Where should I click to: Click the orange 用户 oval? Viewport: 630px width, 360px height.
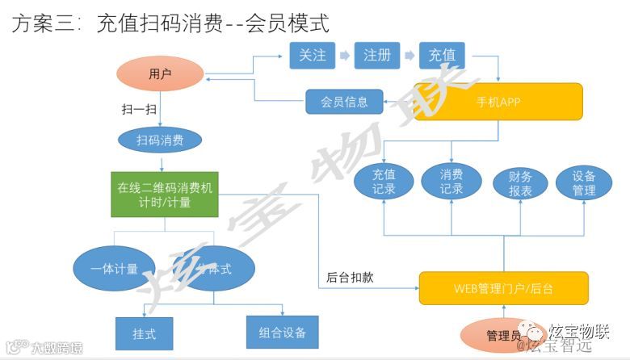tap(160, 74)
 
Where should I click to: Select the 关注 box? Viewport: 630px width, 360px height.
tap(312, 55)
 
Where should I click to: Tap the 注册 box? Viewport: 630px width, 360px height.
tap(376, 55)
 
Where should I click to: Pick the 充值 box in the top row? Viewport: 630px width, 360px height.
tap(442, 55)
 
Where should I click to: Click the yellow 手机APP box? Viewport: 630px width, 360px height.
tap(498, 102)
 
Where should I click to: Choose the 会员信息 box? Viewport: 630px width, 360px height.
tap(344, 102)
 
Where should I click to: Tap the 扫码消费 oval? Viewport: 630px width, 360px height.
tap(159, 140)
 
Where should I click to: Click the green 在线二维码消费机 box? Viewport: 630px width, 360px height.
tap(165, 195)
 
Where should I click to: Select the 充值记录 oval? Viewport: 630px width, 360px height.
tap(383, 183)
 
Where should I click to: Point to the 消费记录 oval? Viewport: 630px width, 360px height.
tap(451, 183)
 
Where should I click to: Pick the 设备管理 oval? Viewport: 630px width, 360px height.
tap(583, 183)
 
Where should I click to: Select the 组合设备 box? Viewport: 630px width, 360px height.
tap(282, 332)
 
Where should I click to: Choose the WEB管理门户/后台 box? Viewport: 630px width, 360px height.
tap(502, 287)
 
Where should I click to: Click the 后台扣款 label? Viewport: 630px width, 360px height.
tap(350, 277)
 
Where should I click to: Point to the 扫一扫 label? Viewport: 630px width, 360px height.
tap(134, 107)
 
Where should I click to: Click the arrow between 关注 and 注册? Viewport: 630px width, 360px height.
tap(344, 55)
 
